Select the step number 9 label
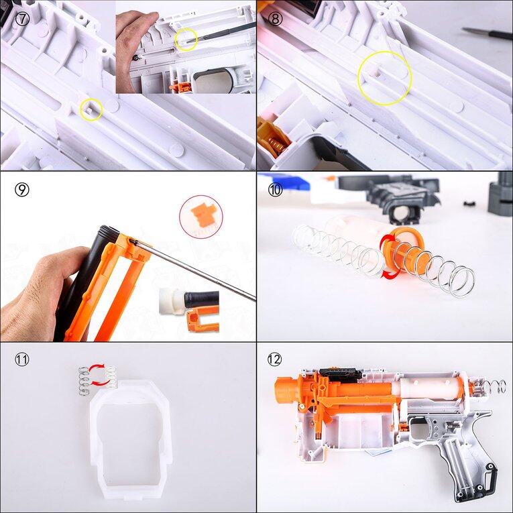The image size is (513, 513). point(22,189)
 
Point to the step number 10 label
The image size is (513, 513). point(275,189)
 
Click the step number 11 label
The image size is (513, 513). point(22,359)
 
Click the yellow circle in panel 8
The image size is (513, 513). point(384,78)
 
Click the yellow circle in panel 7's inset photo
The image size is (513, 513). point(185,40)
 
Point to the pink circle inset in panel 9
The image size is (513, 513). point(201,216)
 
